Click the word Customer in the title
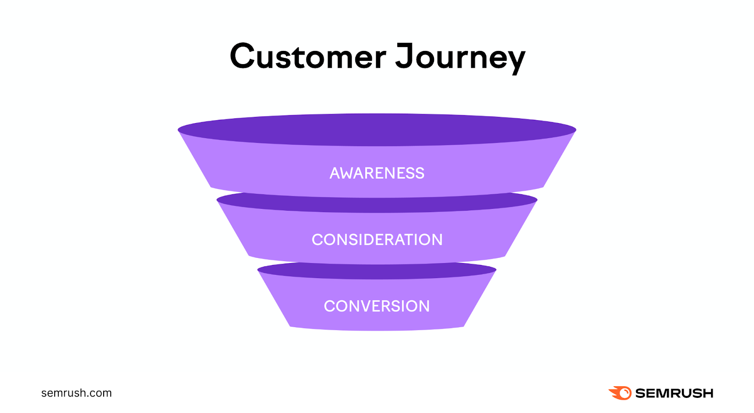click(x=308, y=57)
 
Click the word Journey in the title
click(x=460, y=57)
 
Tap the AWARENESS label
click(x=377, y=173)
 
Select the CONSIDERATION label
click(x=377, y=240)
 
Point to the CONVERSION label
click(x=377, y=306)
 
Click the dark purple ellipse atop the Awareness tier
click(x=377, y=130)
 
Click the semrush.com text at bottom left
click(x=76, y=393)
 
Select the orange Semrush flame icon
click(x=621, y=393)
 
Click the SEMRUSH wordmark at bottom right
click(x=674, y=393)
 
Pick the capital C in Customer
click(x=242, y=57)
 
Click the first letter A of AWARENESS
click(x=335, y=173)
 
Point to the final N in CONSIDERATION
click(x=436, y=240)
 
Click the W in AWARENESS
click(x=349, y=173)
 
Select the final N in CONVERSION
click(x=424, y=306)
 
